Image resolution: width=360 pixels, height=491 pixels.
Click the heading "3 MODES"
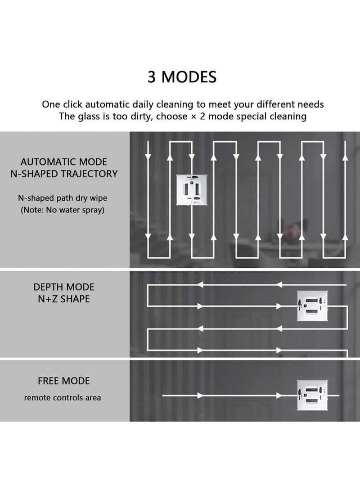182,77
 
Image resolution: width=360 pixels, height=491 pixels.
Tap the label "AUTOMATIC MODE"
64,162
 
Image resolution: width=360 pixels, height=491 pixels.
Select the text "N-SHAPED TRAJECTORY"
64,173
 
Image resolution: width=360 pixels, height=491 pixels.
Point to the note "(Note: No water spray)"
63,210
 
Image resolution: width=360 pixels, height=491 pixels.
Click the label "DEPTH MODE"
64,287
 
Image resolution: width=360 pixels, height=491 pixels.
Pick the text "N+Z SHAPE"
64,298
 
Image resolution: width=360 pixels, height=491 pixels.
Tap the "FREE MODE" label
64,381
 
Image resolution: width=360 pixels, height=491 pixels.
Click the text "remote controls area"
63,397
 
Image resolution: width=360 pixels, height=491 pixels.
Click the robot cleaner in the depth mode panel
312,306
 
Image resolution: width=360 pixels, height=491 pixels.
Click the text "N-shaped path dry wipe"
63,198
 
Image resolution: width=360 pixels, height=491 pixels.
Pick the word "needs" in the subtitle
310,104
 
